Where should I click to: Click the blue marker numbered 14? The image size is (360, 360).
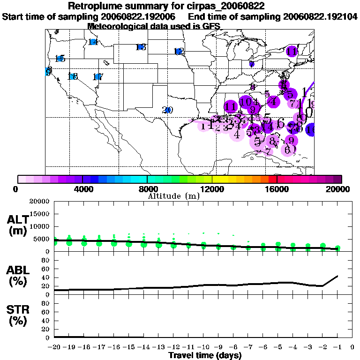click(x=93, y=42)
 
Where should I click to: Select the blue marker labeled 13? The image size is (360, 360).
click(x=140, y=47)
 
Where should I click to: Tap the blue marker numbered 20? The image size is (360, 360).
click(x=167, y=110)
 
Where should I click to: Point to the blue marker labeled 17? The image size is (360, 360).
click(x=97, y=77)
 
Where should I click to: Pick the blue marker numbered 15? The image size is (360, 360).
click(x=60, y=59)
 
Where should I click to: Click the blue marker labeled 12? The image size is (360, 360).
click(x=178, y=52)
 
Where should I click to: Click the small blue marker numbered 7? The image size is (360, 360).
click(x=252, y=64)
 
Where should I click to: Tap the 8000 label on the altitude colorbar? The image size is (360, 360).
click(x=147, y=189)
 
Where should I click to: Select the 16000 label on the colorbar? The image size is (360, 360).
click(x=277, y=189)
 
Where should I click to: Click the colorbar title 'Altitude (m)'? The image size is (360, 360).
click(x=173, y=196)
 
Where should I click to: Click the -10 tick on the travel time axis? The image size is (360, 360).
click(x=203, y=347)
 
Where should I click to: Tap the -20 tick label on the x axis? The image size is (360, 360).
click(x=54, y=347)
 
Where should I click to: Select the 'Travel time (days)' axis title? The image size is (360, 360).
click(x=205, y=355)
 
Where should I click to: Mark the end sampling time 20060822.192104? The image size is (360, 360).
click(x=320, y=16)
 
